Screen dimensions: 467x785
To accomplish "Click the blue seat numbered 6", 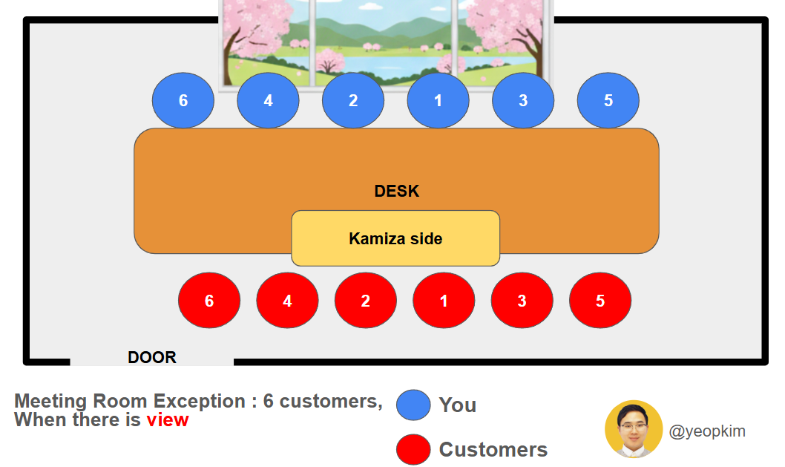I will (x=183, y=100).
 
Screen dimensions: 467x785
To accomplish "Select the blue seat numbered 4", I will (x=268, y=100).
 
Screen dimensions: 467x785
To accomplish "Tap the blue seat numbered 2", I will (x=353, y=100).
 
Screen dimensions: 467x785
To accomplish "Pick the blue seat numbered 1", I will (x=438, y=100).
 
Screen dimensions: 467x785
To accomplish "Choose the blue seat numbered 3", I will (x=523, y=100).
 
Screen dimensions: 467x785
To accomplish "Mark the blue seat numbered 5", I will (x=608, y=100).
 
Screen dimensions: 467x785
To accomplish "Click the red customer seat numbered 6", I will (x=209, y=301).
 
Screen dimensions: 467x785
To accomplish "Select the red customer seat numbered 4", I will (x=287, y=301).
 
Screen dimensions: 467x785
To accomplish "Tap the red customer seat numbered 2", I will (x=365, y=301).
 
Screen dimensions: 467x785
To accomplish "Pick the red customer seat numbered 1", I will (x=444, y=301).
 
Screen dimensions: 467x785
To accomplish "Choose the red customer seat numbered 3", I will (x=522, y=301).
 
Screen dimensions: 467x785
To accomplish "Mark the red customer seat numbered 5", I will (x=600, y=301).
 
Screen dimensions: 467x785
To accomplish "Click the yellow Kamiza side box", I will (x=395, y=238).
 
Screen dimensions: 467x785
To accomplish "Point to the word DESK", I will (x=397, y=192).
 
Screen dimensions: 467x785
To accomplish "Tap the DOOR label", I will (x=152, y=358).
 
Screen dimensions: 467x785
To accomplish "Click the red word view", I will (x=168, y=420).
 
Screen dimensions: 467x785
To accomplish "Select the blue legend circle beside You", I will (x=413, y=405).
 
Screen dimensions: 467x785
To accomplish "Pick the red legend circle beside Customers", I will (x=413, y=449).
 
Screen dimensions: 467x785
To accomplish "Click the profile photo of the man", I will (x=634, y=429).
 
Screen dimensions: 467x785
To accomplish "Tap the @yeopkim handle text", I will (x=707, y=431).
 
